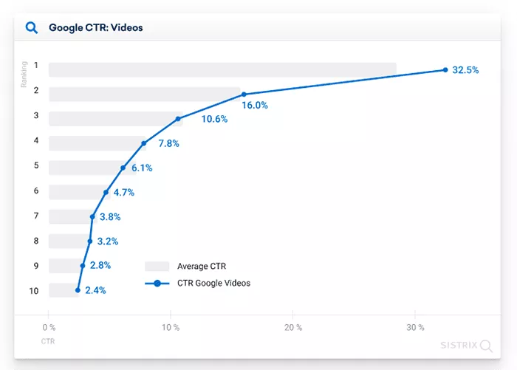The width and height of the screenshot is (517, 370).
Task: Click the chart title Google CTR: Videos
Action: pos(95,28)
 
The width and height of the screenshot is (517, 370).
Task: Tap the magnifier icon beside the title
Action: pos(32,28)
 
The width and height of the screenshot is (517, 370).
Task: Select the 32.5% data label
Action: pos(465,70)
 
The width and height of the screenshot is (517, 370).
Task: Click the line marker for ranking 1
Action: pos(445,70)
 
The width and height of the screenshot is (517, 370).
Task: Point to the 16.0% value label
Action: pos(255,106)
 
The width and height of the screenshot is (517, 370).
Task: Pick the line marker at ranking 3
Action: pos(178,119)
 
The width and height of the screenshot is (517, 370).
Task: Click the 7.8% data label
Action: pos(169,143)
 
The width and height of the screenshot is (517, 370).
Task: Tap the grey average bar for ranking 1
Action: pos(222,69)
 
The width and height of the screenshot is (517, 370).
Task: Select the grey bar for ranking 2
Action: pos(144,94)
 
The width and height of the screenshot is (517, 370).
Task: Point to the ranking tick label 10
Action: pos(33,290)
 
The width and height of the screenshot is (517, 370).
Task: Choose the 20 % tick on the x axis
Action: pos(293,327)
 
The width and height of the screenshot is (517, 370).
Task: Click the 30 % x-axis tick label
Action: pos(415,327)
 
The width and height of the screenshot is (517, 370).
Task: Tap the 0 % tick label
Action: pos(49,327)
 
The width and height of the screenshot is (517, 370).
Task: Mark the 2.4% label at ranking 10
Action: pos(95,290)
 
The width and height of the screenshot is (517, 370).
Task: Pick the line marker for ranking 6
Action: pos(106,192)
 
